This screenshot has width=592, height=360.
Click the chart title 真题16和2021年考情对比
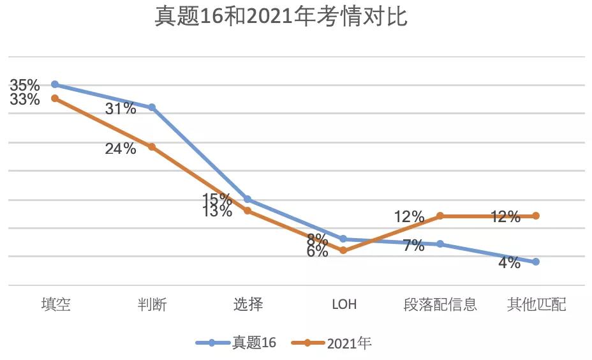(x=281, y=17)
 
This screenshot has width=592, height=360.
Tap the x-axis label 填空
(x=56, y=304)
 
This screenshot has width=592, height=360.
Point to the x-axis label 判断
(x=152, y=304)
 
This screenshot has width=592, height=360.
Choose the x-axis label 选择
(x=248, y=304)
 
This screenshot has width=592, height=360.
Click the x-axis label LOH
(x=344, y=304)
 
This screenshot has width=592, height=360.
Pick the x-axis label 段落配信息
(x=440, y=304)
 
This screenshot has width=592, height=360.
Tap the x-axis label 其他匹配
(x=536, y=304)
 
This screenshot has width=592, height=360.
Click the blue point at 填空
(x=55, y=84)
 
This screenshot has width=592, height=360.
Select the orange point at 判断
(x=152, y=147)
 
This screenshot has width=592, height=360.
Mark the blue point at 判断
(x=152, y=107)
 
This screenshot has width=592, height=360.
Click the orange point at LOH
(x=343, y=250)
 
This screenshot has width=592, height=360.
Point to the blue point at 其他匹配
(x=536, y=262)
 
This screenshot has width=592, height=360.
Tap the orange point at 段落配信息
(x=440, y=216)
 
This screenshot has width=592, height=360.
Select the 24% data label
(x=121, y=149)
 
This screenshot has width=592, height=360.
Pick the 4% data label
(x=509, y=262)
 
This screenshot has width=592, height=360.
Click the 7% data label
(x=413, y=246)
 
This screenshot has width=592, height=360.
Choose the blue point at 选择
(x=248, y=199)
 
